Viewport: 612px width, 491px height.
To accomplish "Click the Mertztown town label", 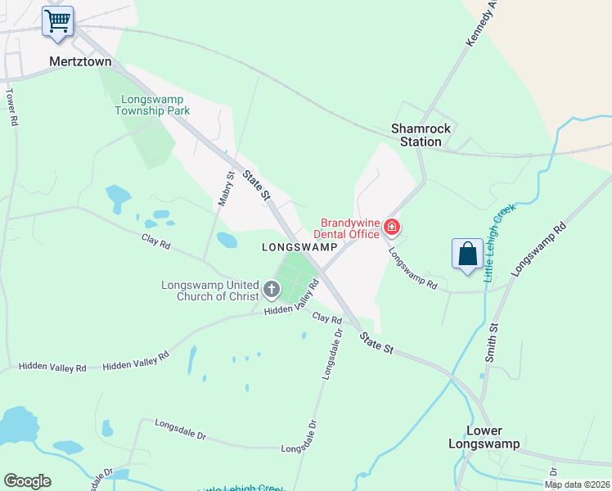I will pyautogui.click(x=80, y=61).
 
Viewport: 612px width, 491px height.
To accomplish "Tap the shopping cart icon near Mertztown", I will pyautogui.click(x=58, y=21).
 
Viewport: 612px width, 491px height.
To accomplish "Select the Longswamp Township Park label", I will pyautogui.click(x=155, y=105).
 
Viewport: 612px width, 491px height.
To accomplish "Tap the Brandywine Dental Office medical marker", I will pyautogui.click(x=392, y=226).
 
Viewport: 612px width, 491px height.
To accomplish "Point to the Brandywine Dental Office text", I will pyautogui.click(x=349, y=228).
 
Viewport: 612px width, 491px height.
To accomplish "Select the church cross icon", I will pyautogui.click(x=272, y=290).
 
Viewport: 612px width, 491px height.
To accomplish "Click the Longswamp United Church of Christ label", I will pyautogui.click(x=209, y=291).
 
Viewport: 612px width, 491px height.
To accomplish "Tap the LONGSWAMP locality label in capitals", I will pyautogui.click(x=299, y=247).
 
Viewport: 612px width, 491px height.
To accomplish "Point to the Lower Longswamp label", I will pyautogui.click(x=484, y=437).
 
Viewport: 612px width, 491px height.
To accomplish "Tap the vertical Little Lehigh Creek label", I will pyautogui.click(x=500, y=243).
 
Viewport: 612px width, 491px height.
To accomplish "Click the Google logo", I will pyautogui.click(x=27, y=481).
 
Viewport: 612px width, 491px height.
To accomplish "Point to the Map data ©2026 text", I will pyautogui.click(x=578, y=484).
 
